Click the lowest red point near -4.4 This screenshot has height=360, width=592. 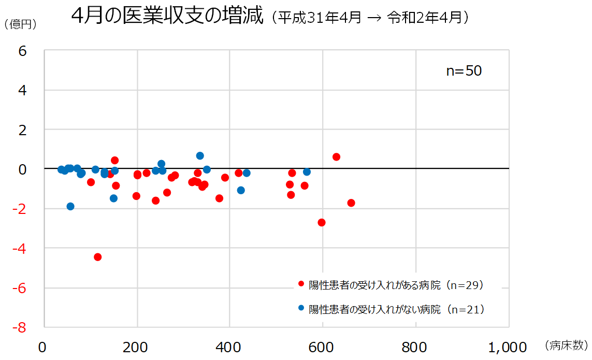pyautogui.click(x=97, y=257)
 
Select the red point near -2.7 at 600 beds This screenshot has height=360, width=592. pyautogui.click(x=322, y=222)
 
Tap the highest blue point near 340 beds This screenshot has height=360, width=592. pyautogui.click(x=200, y=155)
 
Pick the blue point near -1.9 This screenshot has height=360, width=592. pyautogui.click(x=70, y=206)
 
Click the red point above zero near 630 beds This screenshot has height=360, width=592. pyautogui.click(x=336, y=156)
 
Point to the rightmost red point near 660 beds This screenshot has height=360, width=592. pyautogui.click(x=351, y=203)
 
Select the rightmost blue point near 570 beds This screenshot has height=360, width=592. pyautogui.click(x=307, y=171)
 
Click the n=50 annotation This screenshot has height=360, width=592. pyautogui.click(x=464, y=71)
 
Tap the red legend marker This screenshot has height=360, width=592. pyautogui.click(x=301, y=284)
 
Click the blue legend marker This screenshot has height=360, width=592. pyautogui.click(x=301, y=308)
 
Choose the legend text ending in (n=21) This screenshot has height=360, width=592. pyautogui.click(x=396, y=309)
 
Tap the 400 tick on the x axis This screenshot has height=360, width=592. pyautogui.click(x=229, y=347)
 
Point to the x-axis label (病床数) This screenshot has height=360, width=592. pyautogui.click(x=567, y=345)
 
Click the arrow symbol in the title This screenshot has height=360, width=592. pyautogui.click(x=373, y=18)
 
